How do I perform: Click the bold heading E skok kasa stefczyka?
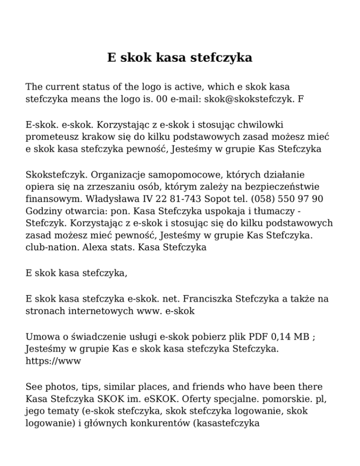click(180, 58)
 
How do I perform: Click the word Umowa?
click(41, 337)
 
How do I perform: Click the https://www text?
click(53, 361)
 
